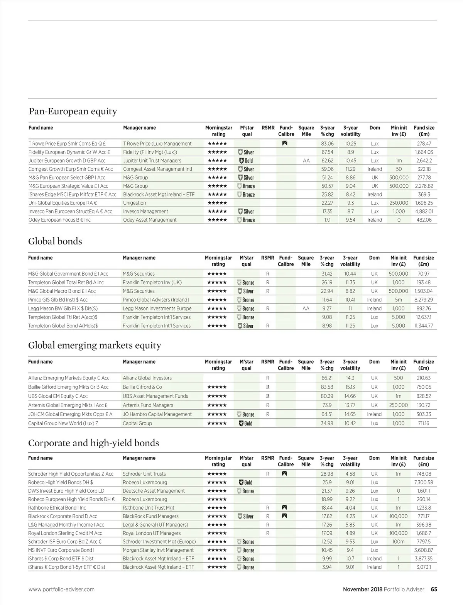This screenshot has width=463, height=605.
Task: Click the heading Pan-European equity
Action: point(73,112)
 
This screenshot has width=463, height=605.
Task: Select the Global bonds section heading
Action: point(55,242)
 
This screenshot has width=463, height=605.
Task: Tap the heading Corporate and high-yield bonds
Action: point(93,443)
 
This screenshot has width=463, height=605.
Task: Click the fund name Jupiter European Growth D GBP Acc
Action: point(67,161)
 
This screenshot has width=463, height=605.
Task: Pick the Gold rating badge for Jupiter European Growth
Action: point(246,161)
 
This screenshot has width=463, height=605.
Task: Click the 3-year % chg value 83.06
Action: point(327,144)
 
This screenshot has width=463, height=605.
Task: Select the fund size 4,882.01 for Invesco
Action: point(424,212)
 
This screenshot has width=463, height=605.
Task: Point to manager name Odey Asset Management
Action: point(150,220)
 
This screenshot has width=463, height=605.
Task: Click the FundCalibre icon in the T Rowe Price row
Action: point(285,144)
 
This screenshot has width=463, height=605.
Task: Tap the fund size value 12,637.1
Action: point(423,317)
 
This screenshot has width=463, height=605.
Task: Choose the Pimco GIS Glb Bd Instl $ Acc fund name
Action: point(58,300)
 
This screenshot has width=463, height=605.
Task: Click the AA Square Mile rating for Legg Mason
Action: point(306,308)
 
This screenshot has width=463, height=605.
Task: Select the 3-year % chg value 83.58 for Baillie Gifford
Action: point(327,387)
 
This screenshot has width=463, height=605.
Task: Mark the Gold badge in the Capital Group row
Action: point(246,424)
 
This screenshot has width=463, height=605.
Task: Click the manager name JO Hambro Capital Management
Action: point(157,415)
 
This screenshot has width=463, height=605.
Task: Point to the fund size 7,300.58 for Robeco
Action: point(423,483)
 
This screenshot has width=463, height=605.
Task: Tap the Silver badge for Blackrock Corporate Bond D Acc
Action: point(246,517)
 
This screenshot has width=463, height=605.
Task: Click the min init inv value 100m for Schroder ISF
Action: point(398,542)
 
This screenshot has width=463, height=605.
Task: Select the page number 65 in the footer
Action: point(434,590)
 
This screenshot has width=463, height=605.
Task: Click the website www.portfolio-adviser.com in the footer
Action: point(61,590)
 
